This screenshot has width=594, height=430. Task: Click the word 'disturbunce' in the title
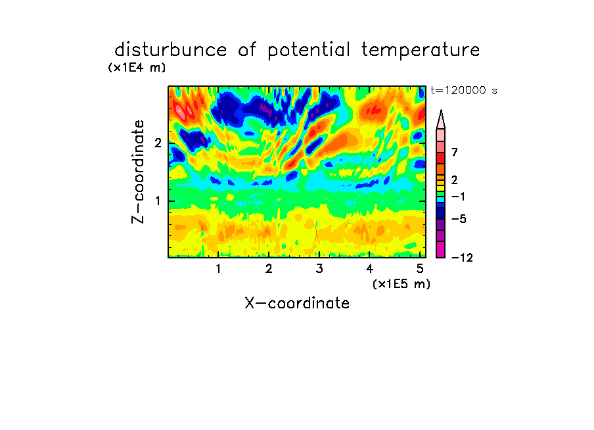tap(171, 49)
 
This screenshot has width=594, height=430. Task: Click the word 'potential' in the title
tap(308, 51)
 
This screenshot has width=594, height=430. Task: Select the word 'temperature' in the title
tap(421, 51)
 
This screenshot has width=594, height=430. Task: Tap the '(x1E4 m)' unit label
tap(137, 68)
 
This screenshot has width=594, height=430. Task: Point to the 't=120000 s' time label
tap(464, 90)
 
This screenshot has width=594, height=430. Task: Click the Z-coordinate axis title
tap(138, 172)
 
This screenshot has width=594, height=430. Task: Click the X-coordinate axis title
tap(297, 303)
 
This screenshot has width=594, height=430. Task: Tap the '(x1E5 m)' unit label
tap(401, 284)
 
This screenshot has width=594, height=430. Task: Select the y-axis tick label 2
tap(158, 143)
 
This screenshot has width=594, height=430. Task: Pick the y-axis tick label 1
tap(158, 201)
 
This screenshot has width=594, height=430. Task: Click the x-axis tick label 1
tap(218, 269)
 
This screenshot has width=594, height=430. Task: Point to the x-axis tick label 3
tap(319, 269)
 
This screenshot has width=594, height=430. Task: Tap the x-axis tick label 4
tap(370, 269)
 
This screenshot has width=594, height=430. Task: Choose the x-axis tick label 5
tap(420, 269)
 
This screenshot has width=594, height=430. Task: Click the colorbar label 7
tap(455, 152)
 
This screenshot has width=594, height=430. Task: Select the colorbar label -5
tap(459, 219)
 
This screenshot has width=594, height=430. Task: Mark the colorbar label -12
tap(462, 258)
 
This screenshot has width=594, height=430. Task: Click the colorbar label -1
tap(459, 197)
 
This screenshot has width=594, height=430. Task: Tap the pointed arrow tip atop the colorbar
tap(441, 110)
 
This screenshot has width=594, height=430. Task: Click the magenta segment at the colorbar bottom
tap(441, 249)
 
